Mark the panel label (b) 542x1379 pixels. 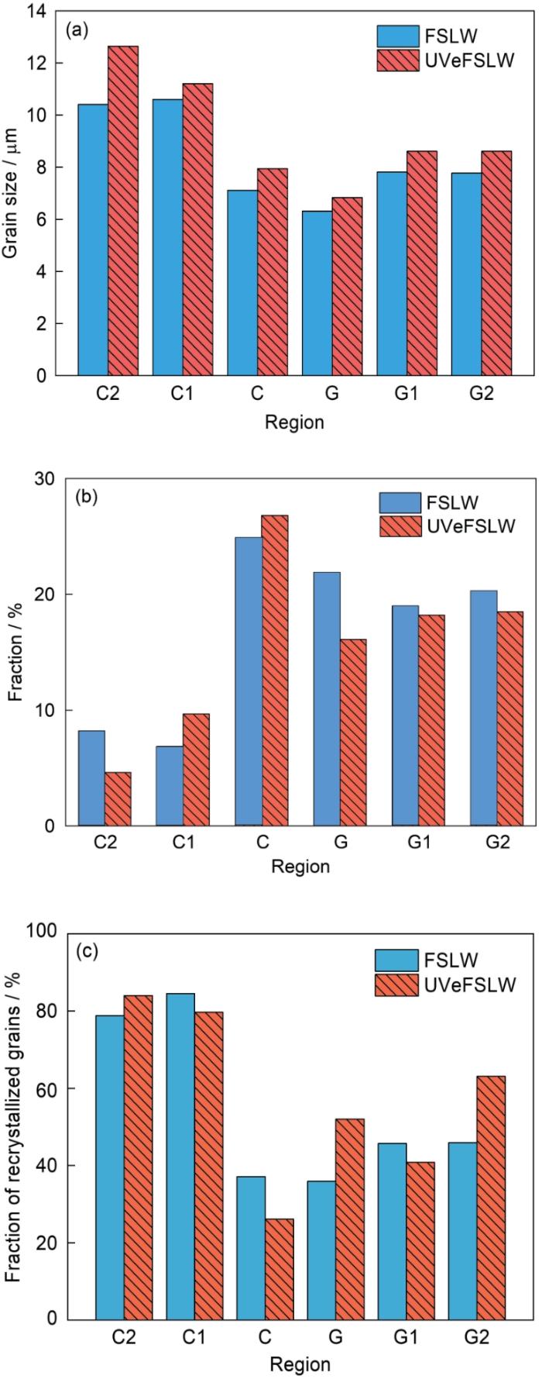point(84,497)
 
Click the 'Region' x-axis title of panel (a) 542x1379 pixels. point(294,422)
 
